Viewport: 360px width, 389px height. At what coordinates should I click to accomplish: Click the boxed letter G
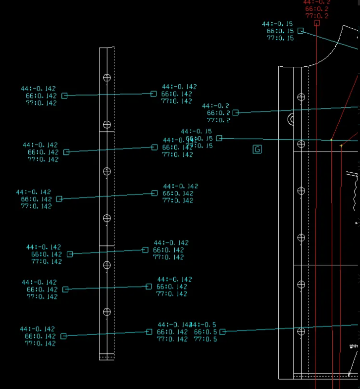click(257, 149)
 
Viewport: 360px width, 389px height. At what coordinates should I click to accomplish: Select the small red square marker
click(317, 23)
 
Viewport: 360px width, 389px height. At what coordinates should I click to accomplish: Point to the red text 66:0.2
click(317, 9)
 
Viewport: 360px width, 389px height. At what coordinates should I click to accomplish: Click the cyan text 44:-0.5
click(204, 324)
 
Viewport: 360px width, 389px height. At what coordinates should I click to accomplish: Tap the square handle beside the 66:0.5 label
click(222, 332)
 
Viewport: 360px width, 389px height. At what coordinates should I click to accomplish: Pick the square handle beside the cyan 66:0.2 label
click(236, 113)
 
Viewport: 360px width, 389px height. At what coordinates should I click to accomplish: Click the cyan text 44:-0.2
click(216, 106)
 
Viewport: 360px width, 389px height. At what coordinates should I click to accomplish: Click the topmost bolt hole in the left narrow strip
click(106, 77)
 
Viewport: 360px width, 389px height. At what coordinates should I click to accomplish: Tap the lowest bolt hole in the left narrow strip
click(106, 312)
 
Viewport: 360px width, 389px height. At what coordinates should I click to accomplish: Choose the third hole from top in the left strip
click(106, 171)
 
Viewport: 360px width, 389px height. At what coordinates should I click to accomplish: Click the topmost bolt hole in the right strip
click(301, 97)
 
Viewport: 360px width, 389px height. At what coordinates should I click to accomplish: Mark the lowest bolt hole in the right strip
click(301, 331)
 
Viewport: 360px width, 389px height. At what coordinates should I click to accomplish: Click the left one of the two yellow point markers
click(331, 140)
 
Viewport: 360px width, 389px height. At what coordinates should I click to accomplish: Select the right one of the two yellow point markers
click(341, 146)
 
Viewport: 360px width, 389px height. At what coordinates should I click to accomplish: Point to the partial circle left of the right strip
click(291, 119)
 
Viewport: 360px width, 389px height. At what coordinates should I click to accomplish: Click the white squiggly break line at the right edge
click(355, 193)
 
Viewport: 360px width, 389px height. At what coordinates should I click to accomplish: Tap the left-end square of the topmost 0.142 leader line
click(64, 96)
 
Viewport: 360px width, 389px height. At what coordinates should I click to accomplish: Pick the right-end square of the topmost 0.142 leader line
click(154, 94)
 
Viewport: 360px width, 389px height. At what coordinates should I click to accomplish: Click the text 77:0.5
click(205, 339)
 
